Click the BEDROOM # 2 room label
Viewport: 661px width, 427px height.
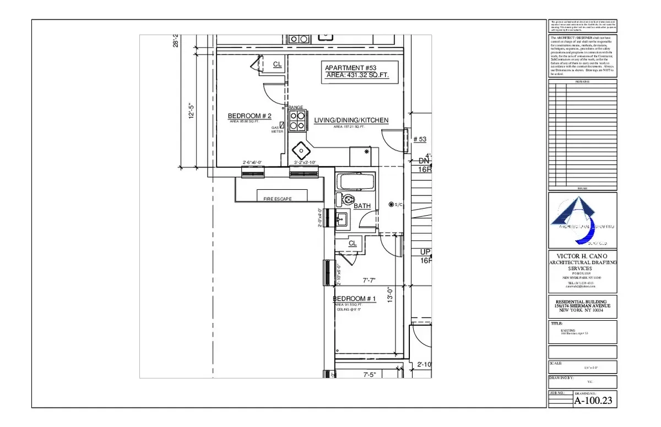tap(250, 116)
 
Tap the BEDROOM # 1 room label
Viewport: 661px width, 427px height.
tap(354, 299)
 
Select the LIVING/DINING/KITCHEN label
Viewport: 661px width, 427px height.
tap(351, 121)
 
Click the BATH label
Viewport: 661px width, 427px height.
tap(362, 206)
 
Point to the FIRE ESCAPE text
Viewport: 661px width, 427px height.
tap(277, 199)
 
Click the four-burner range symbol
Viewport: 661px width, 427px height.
tap(297, 121)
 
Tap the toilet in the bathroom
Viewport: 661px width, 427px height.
tap(347, 200)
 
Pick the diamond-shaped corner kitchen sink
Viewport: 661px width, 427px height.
tap(301, 149)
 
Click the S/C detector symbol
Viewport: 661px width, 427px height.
tap(392, 205)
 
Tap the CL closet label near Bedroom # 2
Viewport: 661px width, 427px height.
tap(278, 64)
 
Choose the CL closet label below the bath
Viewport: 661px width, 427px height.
tap(353, 243)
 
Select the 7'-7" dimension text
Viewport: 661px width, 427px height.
tap(369, 281)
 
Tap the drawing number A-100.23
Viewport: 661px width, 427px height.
tap(594, 401)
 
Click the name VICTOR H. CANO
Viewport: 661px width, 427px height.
tap(583, 256)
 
